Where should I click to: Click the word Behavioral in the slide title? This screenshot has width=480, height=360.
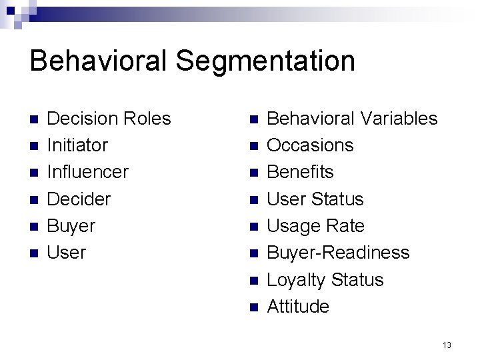click(99, 61)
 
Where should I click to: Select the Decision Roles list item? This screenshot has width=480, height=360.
click(109, 119)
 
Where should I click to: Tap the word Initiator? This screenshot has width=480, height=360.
click(77, 145)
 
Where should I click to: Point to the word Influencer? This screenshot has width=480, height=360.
click(87, 172)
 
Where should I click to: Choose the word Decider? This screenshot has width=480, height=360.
click(79, 199)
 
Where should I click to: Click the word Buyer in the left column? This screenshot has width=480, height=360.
click(71, 226)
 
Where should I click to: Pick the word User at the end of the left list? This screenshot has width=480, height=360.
click(67, 253)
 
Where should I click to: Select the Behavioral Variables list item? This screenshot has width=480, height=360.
click(351, 119)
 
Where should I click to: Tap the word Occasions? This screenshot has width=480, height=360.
click(310, 145)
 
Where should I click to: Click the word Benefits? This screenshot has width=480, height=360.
click(300, 172)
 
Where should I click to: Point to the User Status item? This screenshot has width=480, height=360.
click(315, 199)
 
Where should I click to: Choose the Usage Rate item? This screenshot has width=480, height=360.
click(315, 226)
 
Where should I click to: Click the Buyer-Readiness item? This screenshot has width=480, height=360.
click(338, 253)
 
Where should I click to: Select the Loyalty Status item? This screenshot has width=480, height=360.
click(325, 280)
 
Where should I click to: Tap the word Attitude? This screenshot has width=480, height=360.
click(298, 307)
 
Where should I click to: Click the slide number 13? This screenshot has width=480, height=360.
click(447, 345)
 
